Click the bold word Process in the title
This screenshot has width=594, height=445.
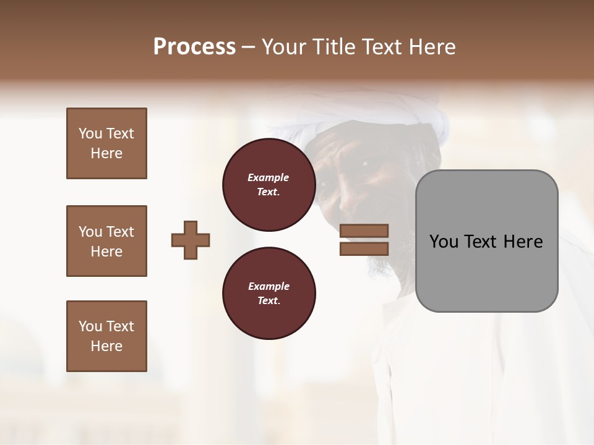tap(194, 47)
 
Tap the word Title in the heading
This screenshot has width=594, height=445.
tap(330, 47)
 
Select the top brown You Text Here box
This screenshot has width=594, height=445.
tap(106, 143)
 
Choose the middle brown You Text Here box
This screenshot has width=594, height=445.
tap(106, 241)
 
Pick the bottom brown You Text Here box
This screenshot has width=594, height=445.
tap(106, 336)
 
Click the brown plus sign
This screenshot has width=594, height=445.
tap(191, 240)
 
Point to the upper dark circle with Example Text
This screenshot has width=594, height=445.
tap(269, 184)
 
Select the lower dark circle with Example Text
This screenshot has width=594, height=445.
tap(269, 293)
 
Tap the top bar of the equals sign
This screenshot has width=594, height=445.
tap(364, 231)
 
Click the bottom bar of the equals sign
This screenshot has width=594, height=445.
tap(364, 248)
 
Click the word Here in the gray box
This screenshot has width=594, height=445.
tap(523, 242)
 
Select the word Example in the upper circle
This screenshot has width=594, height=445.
tap(269, 177)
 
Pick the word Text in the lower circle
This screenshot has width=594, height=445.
tap(268, 300)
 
